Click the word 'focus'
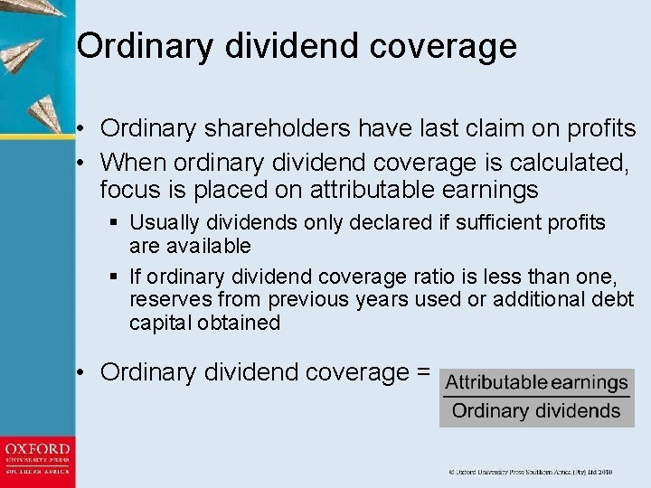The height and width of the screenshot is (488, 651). point(129,191)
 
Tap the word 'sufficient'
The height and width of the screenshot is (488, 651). point(485,222)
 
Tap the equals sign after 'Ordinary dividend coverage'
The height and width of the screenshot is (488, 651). point(421,372)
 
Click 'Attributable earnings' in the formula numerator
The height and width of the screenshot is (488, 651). point(536,383)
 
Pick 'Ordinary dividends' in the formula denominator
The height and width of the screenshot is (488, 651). point(536,411)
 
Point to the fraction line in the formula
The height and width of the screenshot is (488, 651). point(536,397)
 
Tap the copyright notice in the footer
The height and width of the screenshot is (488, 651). point(531,472)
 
